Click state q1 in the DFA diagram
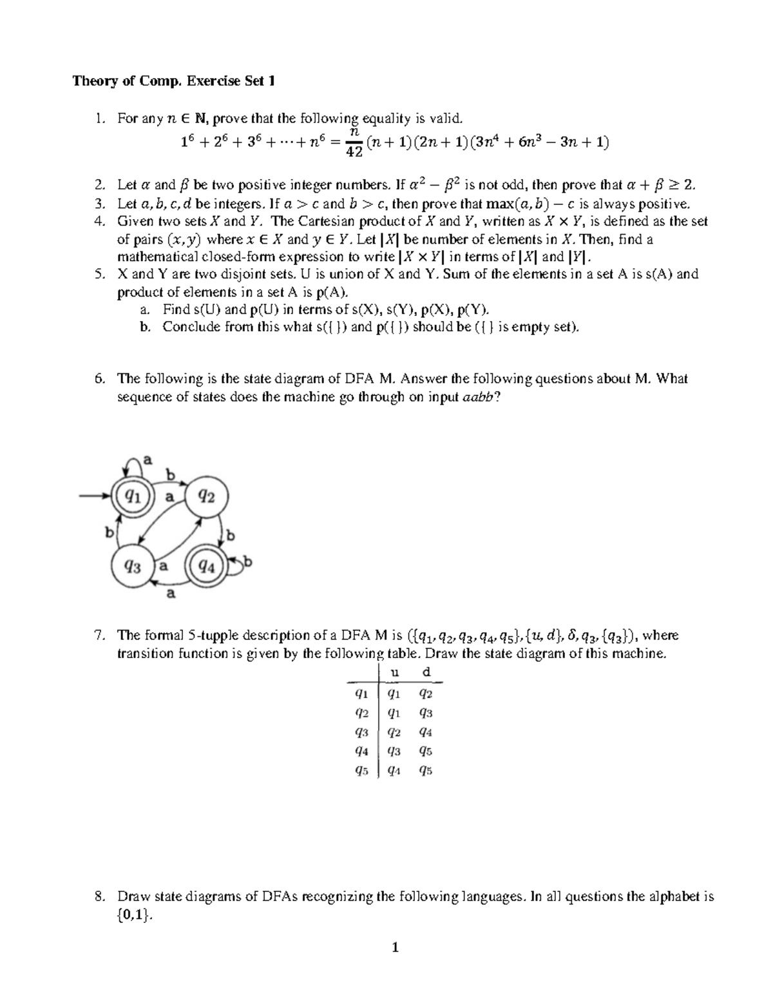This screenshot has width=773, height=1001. pos(134,496)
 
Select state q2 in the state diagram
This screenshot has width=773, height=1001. pos(206,496)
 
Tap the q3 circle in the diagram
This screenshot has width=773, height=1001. pos(133,567)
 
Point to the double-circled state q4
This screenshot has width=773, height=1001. pos(206,567)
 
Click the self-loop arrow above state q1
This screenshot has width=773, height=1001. pos(134,464)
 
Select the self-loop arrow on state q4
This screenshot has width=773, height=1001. pos(240,565)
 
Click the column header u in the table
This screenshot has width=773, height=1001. pos(396,672)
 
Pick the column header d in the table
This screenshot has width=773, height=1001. pos(425,672)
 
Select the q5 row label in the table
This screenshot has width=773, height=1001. pos(361,770)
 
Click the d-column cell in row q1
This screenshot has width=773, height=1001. pos(425,694)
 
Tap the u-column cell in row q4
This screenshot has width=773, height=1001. pos(394,751)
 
